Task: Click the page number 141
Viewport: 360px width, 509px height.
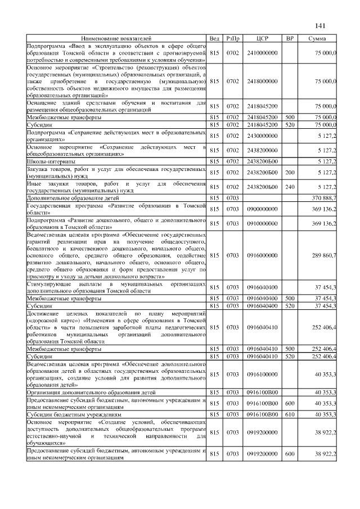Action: (x=321, y=25)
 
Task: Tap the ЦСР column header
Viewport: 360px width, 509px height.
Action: (x=262, y=38)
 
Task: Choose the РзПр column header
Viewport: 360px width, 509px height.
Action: (x=232, y=38)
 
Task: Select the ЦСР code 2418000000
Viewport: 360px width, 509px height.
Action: (x=262, y=82)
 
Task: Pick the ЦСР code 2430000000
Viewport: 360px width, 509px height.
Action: (x=262, y=136)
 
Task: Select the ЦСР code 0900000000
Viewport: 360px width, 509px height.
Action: (x=262, y=209)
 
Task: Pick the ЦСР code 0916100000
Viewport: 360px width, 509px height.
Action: (x=262, y=373)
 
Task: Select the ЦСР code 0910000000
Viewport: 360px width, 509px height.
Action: (x=262, y=223)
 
